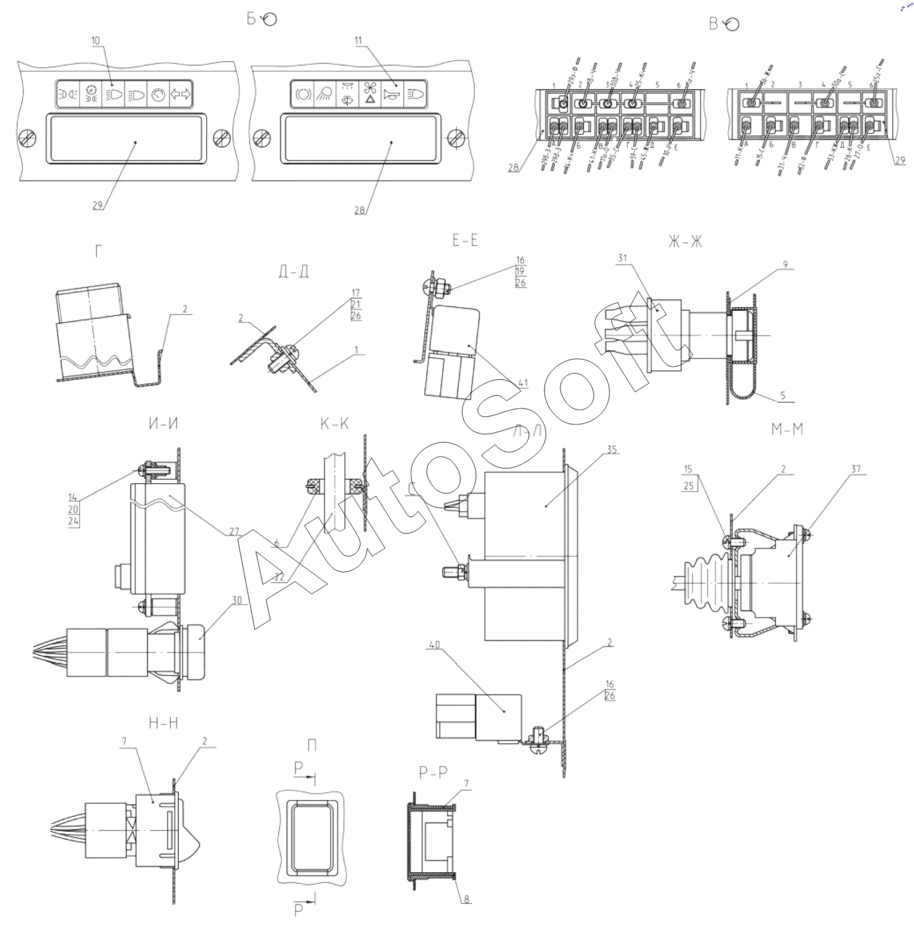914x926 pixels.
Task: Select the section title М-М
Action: pyautogui.click(x=787, y=430)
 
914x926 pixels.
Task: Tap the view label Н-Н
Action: pyautogui.click(x=163, y=723)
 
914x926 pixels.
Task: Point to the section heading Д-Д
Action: pyautogui.click(x=294, y=271)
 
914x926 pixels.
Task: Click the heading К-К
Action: pyautogui.click(x=334, y=424)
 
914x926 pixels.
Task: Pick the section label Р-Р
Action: pyautogui.click(x=432, y=773)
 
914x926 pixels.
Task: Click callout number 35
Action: pyautogui.click(x=612, y=450)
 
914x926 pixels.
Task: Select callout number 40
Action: pyautogui.click(x=434, y=645)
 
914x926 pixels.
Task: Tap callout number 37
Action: pyautogui.click(x=855, y=469)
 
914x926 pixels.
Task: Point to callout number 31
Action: pyautogui.click(x=622, y=258)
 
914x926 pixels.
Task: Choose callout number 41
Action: pyautogui.click(x=523, y=383)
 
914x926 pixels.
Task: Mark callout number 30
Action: pyautogui.click(x=236, y=600)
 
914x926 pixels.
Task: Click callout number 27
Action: pyautogui.click(x=234, y=532)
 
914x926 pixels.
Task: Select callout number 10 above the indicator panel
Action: pyautogui.click(x=95, y=41)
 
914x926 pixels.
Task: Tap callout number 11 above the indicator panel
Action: pyautogui.click(x=358, y=41)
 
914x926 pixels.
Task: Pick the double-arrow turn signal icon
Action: pyautogui.click(x=181, y=95)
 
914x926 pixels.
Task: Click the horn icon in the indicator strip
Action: pyautogui.click(x=392, y=94)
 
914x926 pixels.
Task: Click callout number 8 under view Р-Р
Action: pyautogui.click(x=466, y=899)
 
